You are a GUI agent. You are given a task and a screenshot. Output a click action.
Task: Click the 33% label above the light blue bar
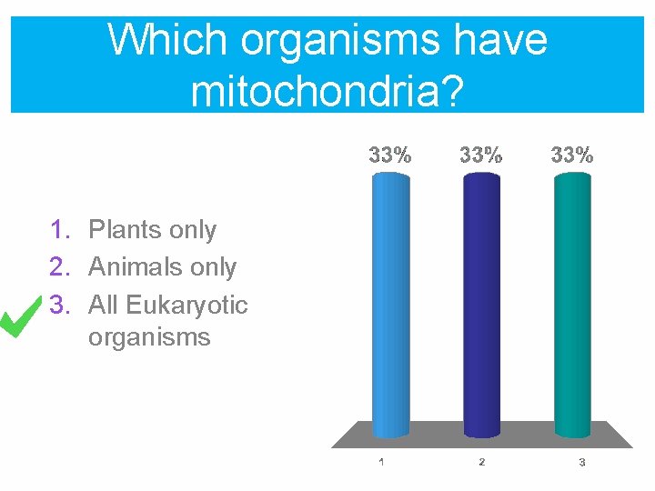390,155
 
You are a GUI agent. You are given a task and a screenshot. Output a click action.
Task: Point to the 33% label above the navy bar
481,155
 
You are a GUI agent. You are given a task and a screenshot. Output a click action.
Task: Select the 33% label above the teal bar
572,155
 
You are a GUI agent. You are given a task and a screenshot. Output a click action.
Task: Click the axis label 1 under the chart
381,462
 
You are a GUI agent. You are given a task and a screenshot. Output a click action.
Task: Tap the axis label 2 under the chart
481,462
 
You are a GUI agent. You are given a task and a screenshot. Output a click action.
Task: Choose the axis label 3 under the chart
581,463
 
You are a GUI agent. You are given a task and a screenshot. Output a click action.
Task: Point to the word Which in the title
166,40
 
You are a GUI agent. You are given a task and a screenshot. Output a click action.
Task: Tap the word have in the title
499,40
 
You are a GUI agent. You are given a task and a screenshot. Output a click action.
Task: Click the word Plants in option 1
126,230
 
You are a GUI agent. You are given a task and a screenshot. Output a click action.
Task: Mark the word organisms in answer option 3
149,338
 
